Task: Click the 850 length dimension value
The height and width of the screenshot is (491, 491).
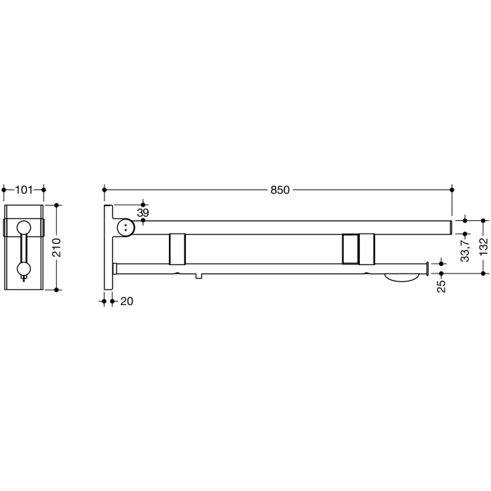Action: coord(281,189)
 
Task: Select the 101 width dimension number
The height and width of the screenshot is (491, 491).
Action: coord(25,189)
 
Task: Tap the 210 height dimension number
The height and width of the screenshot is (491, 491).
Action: coord(58,247)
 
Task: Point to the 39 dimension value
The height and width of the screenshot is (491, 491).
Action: coord(143,212)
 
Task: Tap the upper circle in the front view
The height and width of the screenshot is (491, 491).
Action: coord(25,227)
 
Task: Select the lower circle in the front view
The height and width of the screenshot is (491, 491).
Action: coord(25,268)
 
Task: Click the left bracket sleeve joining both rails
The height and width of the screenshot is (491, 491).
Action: coord(177,249)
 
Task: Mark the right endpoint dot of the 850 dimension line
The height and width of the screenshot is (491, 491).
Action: coord(452,189)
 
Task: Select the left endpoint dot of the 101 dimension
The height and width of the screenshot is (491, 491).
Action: coord(5,189)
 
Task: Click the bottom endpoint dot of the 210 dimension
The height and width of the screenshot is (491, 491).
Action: coord(58,288)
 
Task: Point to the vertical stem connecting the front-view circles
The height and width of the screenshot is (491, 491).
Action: coord(25,247)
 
